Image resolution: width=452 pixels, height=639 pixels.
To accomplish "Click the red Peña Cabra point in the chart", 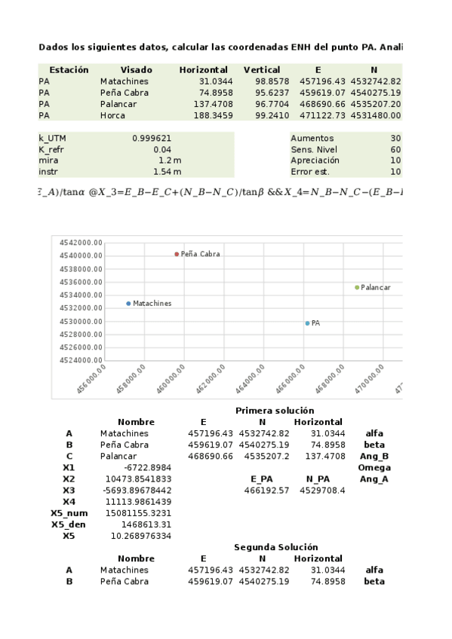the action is (x=177, y=254).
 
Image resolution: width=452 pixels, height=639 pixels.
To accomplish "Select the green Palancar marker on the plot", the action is (x=357, y=287).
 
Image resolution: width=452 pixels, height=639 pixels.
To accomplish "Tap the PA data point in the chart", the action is (x=307, y=323).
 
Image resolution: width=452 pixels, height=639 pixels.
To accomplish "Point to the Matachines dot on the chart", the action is (x=128, y=303).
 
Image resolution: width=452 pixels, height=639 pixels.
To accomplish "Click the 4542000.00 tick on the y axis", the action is (x=79, y=242).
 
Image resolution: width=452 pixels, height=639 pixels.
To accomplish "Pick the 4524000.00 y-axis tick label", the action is (x=79, y=359).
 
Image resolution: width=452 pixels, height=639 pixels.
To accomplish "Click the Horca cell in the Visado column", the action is (x=112, y=115).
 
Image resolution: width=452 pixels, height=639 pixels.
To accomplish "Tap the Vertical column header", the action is (x=262, y=69).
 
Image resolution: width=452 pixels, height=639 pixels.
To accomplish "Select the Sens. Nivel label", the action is (x=314, y=149).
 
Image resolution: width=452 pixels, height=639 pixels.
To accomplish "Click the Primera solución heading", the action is (x=264, y=410).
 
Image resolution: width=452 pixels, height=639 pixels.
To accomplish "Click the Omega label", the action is (x=374, y=467).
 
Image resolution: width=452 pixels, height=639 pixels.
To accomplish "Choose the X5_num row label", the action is (x=69, y=513).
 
